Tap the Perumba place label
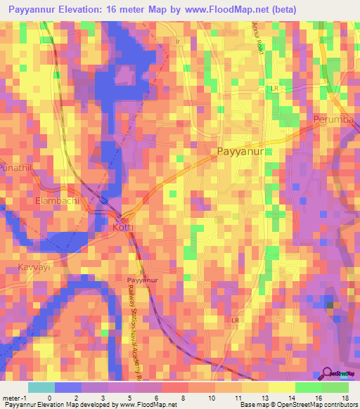(335, 119)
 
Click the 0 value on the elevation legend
(49, 397)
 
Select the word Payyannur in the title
(30, 10)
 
